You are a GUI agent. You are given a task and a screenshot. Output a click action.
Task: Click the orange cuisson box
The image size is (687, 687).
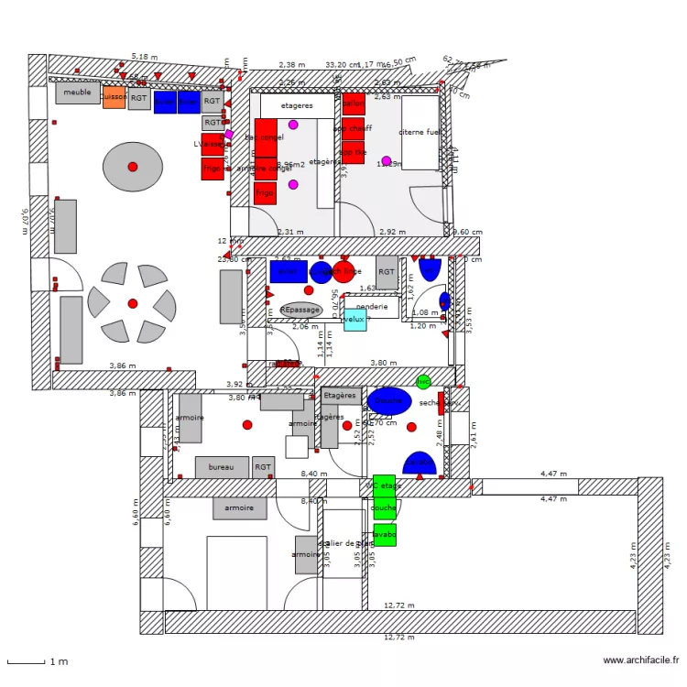114,97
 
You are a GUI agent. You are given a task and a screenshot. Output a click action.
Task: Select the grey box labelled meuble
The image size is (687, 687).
78,93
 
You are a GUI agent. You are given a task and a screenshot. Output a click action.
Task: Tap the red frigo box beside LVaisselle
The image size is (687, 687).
213,169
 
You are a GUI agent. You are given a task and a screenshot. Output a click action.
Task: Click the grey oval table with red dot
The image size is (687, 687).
132,167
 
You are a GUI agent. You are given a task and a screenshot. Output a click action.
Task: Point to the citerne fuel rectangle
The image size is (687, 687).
420,133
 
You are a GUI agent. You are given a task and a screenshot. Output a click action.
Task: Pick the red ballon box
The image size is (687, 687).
354,103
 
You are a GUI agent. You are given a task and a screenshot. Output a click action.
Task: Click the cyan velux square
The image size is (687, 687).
354,320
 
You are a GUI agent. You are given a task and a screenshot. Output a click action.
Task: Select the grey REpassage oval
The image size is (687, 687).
301,311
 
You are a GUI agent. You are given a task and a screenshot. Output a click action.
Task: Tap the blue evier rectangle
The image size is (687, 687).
288,271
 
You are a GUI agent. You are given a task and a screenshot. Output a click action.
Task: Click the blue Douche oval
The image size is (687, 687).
389,400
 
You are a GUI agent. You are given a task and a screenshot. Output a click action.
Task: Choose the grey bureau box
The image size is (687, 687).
222,467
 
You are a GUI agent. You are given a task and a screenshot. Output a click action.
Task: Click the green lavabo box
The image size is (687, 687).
385,534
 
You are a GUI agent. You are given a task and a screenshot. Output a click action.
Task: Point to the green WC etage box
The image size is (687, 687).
385,485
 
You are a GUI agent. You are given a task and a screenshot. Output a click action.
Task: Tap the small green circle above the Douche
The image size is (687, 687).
423,381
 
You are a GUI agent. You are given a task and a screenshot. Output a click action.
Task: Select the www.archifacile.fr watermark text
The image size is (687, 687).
641,660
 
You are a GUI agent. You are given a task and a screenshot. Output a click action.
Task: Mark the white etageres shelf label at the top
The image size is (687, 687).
297,105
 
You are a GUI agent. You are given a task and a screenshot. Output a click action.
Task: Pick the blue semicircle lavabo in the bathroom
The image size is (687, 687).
420,463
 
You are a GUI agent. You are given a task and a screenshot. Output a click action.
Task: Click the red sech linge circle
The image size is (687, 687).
343,272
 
